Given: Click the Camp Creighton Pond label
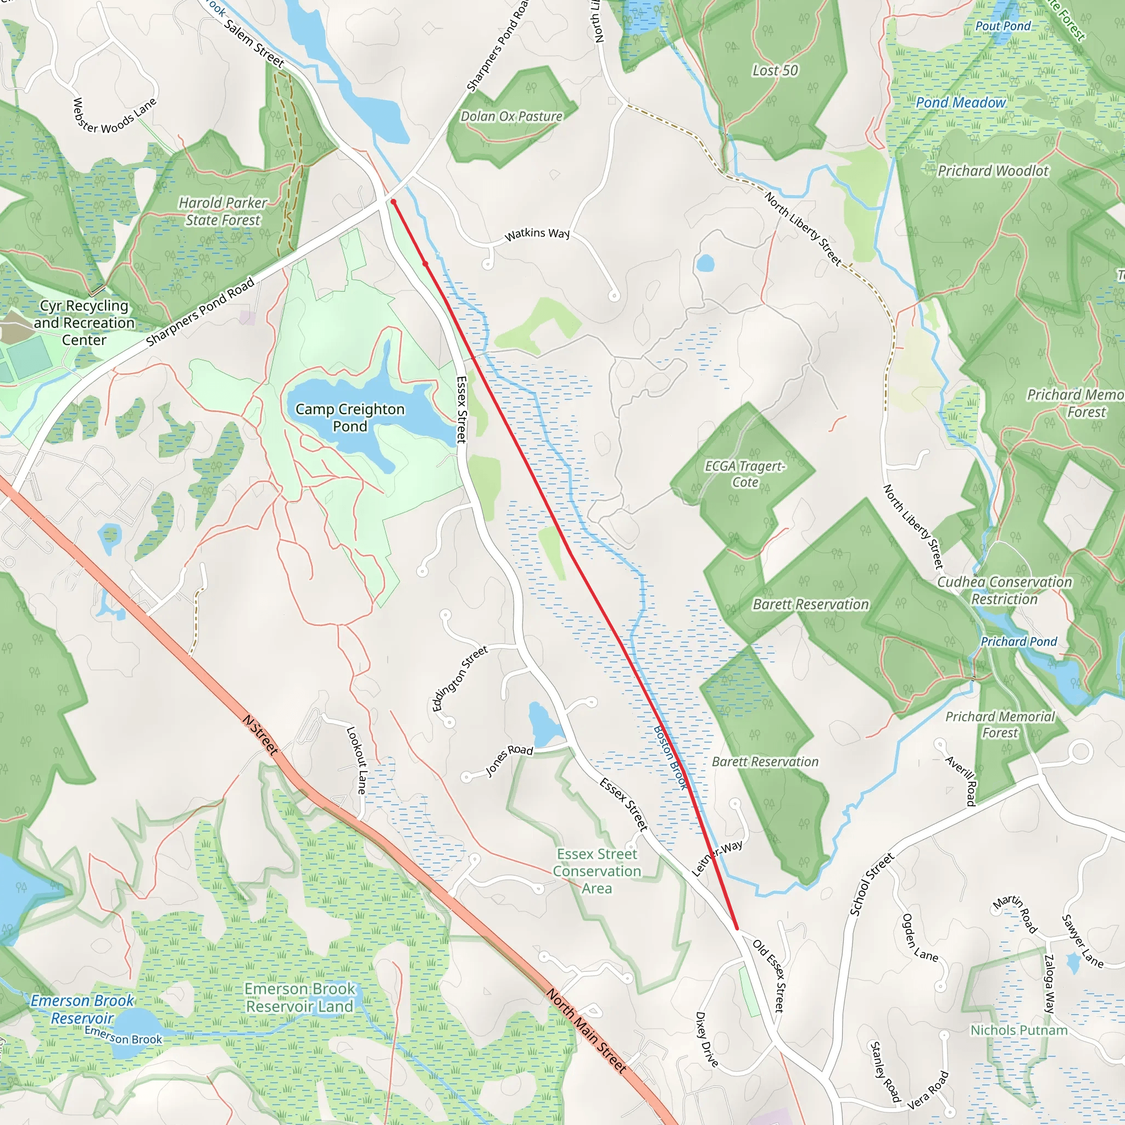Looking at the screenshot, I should coord(350,417).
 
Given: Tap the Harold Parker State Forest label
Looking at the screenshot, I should coord(222,211).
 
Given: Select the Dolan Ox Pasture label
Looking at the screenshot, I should coord(511,116).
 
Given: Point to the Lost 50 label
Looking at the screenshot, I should coord(775,70).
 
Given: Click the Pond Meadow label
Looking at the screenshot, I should coord(960,103).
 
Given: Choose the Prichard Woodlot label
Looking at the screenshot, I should coord(993,171).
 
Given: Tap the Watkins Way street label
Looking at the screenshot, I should coord(537,234).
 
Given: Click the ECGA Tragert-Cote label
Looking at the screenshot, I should coord(745,474).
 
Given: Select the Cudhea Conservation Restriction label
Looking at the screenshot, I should coord(1004,591).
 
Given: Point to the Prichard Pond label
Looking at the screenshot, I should coord(1018,641).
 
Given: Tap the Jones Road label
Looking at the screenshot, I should coord(509,759).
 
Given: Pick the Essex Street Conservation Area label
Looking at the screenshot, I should coord(597,871).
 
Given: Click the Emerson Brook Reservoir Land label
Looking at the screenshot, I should coord(299,998).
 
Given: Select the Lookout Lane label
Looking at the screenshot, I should coord(357,760).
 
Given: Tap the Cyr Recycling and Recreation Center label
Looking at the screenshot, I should coord(84,322).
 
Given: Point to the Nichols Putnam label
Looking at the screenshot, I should coord(1019,1030).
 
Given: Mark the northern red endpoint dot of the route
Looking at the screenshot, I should coord(394,202).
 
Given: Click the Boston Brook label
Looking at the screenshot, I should coord(671,757).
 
